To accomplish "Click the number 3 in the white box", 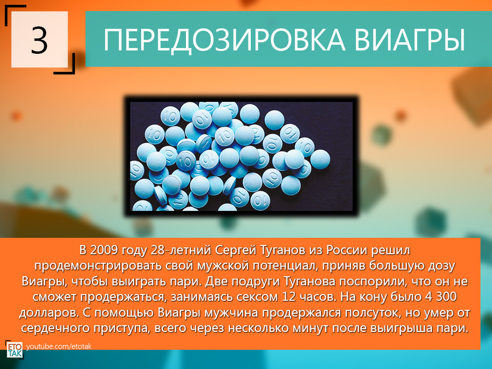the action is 39,39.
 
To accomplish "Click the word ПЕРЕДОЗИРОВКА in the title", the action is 224,40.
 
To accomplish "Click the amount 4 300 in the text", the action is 441,296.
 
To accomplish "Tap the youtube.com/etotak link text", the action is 59,346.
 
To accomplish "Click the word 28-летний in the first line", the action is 181,250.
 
